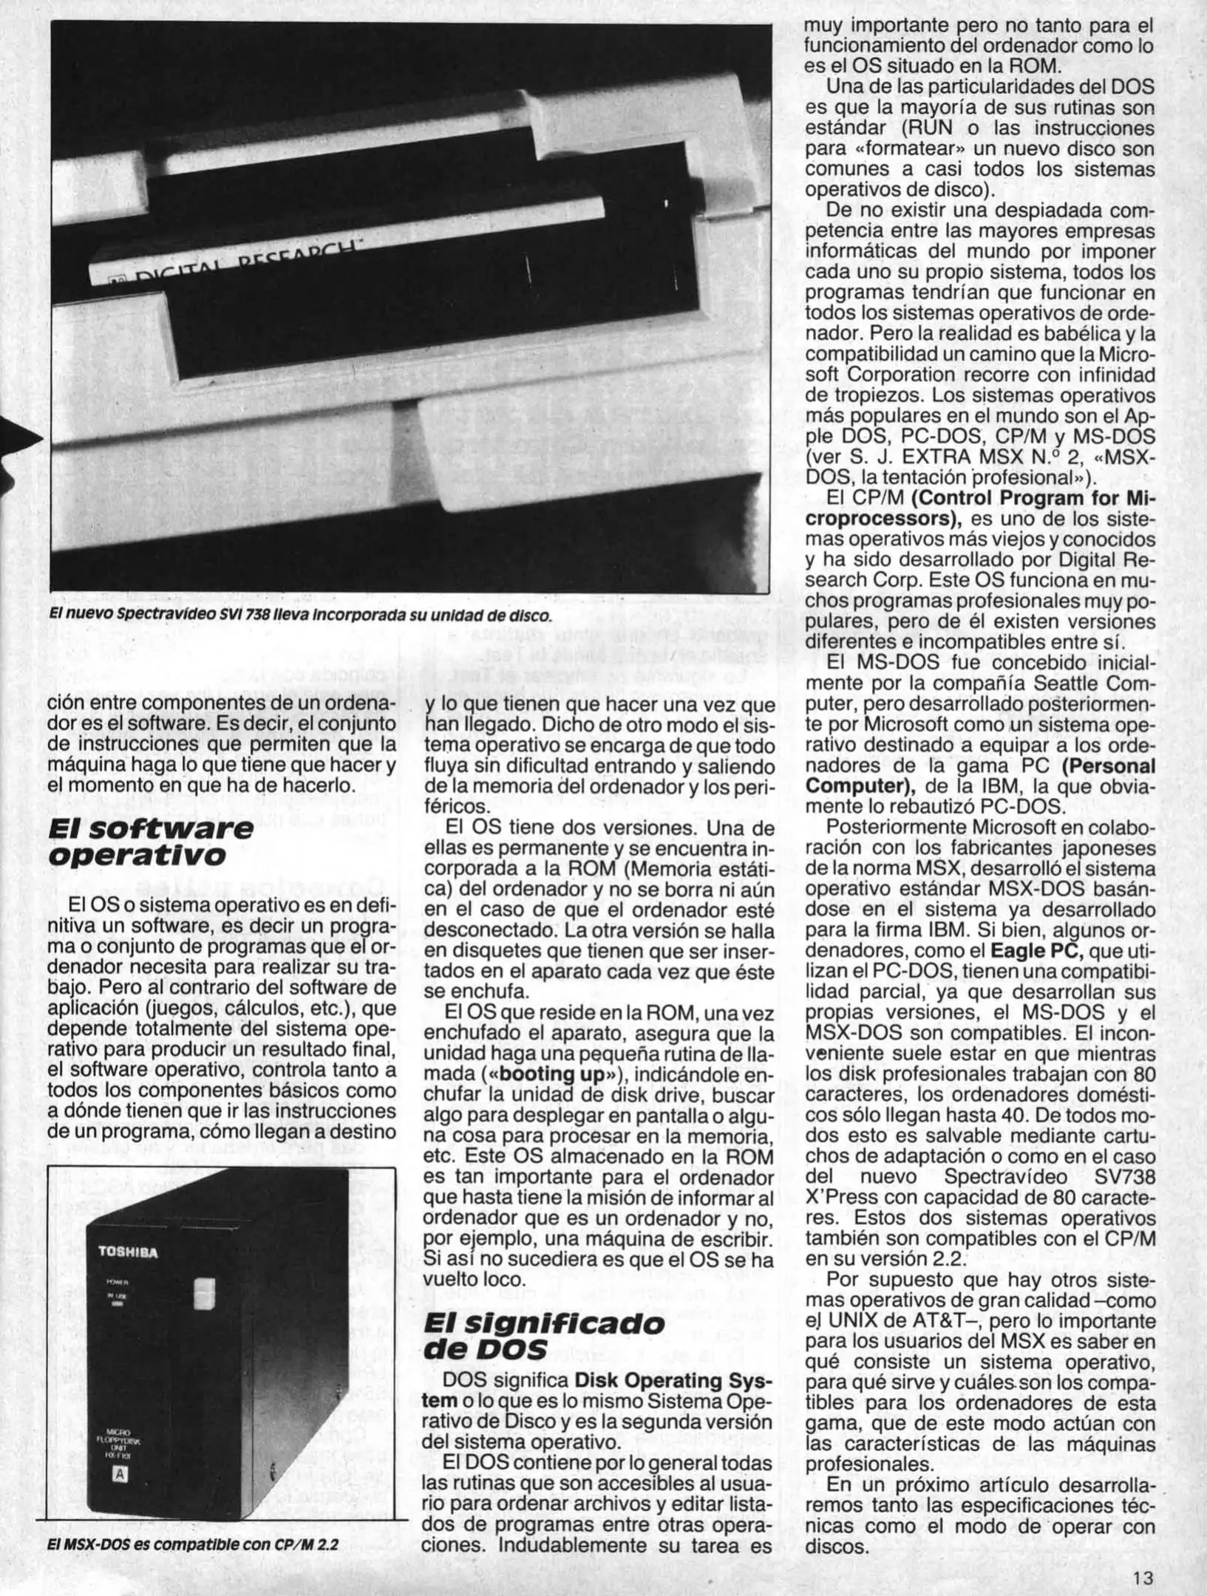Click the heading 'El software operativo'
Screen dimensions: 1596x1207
pyautogui.click(x=148, y=842)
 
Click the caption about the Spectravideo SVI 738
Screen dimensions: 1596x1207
pyautogui.click(x=299, y=615)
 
